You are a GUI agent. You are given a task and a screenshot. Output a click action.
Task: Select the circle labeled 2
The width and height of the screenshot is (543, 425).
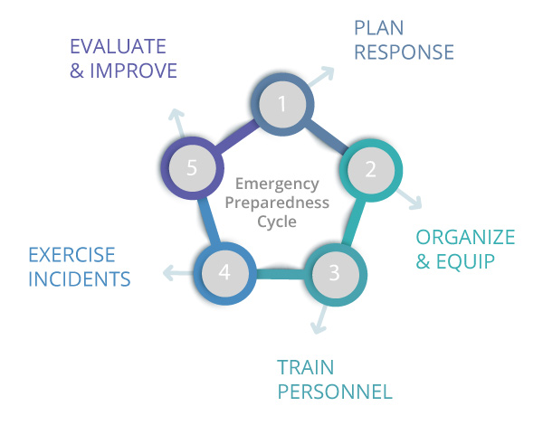(x=370, y=168)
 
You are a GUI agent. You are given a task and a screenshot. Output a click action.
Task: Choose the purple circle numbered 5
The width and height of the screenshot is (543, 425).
(x=192, y=168)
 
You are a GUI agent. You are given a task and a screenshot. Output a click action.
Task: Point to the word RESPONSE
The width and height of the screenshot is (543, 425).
(x=404, y=52)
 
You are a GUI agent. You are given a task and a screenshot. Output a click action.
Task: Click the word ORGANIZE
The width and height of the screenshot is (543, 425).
(x=465, y=238)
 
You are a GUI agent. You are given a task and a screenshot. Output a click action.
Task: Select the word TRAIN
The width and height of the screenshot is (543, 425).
(x=306, y=368)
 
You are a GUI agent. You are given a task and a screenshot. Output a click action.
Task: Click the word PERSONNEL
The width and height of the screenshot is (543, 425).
(x=335, y=392)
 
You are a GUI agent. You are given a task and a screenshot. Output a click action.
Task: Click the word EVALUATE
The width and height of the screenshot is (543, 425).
(x=119, y=46)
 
